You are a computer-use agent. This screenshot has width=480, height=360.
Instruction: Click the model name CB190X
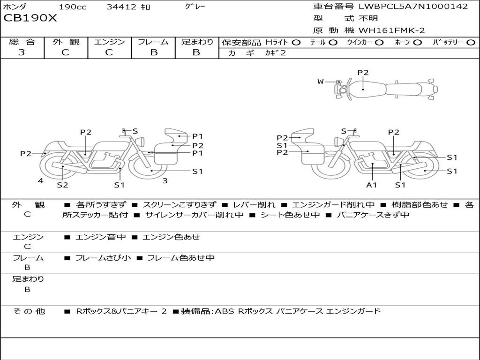point(30,18)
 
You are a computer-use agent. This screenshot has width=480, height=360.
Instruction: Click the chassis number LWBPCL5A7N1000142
point(413,6)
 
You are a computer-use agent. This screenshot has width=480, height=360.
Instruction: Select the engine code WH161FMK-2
point(391,30)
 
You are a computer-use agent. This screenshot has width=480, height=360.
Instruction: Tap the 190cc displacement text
point(73,7)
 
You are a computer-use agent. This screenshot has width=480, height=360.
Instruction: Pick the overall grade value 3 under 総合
point(22,52)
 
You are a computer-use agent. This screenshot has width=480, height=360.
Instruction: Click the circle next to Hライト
point(296,43)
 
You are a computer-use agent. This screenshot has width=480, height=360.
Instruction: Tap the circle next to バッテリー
point(471,43)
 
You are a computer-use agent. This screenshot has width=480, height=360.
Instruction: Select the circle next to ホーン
point(417,43)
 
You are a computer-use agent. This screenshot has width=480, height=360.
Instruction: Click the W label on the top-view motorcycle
point(321,82)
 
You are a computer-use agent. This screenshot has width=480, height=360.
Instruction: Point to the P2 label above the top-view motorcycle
point(363,73)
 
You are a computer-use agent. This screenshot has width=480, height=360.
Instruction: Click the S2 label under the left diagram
point(62,185)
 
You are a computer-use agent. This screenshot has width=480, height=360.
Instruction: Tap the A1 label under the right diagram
point(371,185)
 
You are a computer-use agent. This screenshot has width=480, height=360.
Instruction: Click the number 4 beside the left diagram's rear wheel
point(41,180)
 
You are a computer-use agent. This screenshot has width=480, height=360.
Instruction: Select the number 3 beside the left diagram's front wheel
point(165,180)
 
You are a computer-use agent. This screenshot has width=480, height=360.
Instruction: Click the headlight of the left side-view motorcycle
point(141,142)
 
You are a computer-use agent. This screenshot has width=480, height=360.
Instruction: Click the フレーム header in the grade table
point(153,42)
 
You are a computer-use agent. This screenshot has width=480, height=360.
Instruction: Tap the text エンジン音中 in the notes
point(101,237)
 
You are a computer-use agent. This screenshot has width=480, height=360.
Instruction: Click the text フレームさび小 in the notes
point(103,258)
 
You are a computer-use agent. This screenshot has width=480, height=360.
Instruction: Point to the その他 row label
point(29,311)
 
